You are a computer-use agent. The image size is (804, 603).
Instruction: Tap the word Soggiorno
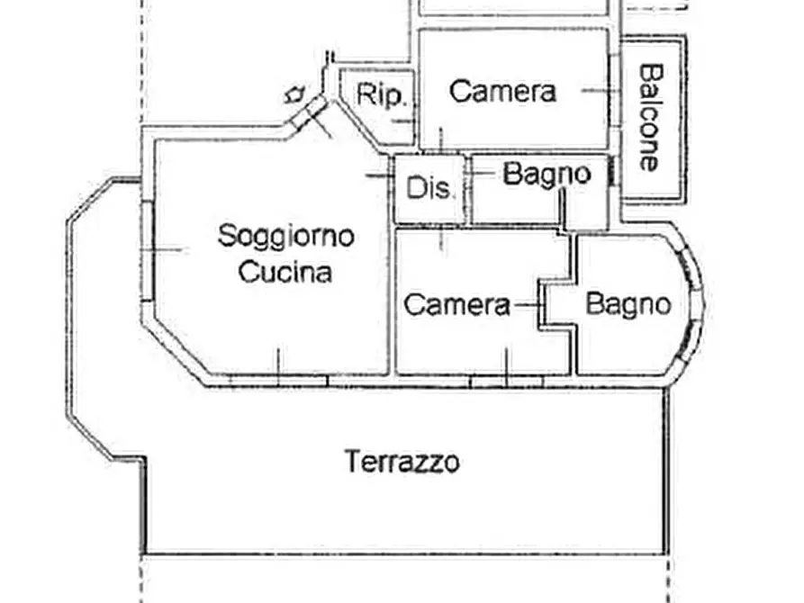click(286, 237)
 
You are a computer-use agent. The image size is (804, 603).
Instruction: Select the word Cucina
click(285, 272)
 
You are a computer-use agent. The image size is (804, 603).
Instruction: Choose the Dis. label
click(431, 189)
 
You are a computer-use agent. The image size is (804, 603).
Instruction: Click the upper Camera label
click(502, 91)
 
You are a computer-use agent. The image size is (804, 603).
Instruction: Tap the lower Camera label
click(456, 305)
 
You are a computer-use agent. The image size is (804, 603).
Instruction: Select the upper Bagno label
click(547, 173)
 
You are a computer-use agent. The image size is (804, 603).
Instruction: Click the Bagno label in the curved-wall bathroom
click(628, 304)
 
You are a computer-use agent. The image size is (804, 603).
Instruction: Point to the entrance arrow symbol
click(294, 93)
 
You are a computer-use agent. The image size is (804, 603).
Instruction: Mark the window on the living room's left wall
click(147, 249)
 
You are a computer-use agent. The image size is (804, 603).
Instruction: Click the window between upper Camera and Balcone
click(617, 89)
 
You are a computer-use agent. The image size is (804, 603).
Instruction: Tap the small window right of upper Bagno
click(614, 172)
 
